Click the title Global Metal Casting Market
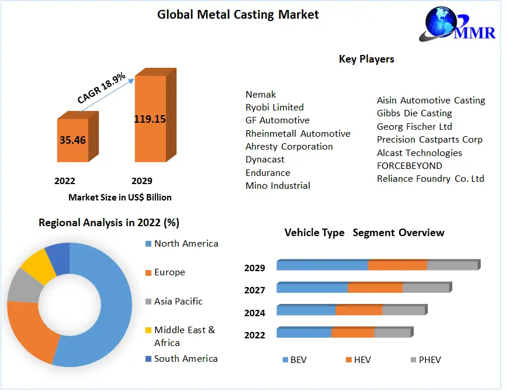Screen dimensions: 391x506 coord(238,15)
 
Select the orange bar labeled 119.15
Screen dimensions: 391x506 coord(150,119)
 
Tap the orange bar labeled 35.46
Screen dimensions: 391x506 coord(72,140)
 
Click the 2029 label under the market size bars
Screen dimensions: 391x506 coord(142,181)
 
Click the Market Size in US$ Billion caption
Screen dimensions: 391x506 coord(120,197)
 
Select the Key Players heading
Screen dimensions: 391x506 coord(366,59)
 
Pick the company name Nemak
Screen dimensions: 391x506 coord(261,94)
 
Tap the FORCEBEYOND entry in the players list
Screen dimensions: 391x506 coord(409,166)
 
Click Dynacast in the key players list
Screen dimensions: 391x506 coord(265,160)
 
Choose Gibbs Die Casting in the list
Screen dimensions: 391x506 coord(414,113)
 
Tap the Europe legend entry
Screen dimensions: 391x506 coord(169,272)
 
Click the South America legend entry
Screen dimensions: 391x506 coord(185,359)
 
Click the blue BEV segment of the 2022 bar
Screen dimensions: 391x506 coord(304,333)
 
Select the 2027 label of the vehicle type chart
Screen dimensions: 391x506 coord(255,290)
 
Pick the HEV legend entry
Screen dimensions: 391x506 coord(362,360)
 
